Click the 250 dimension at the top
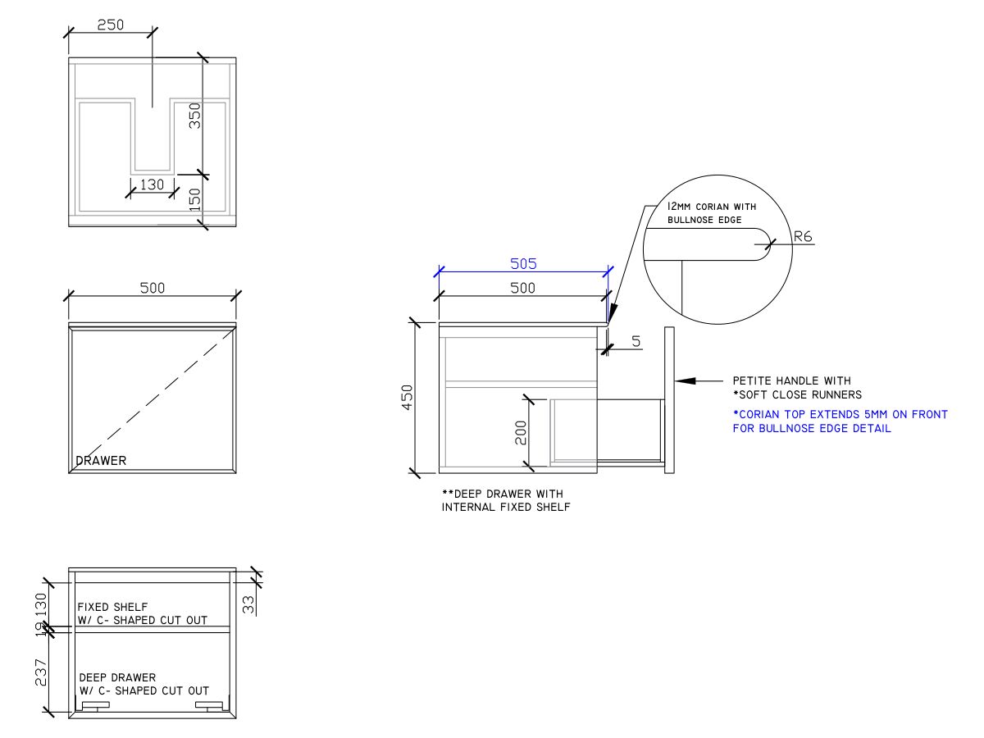pos(111,25)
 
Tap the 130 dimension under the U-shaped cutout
pos(153,184)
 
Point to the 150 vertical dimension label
pos(195,198)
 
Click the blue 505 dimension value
pos(523,264)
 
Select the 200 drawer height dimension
pos(520,433)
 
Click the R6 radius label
pos(804,238)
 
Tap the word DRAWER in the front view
pos(102,461)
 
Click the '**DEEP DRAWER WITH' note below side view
pos(503,494)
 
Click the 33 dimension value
pos(249,605)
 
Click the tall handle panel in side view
pos(669,401)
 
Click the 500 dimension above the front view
pos(153,288)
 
